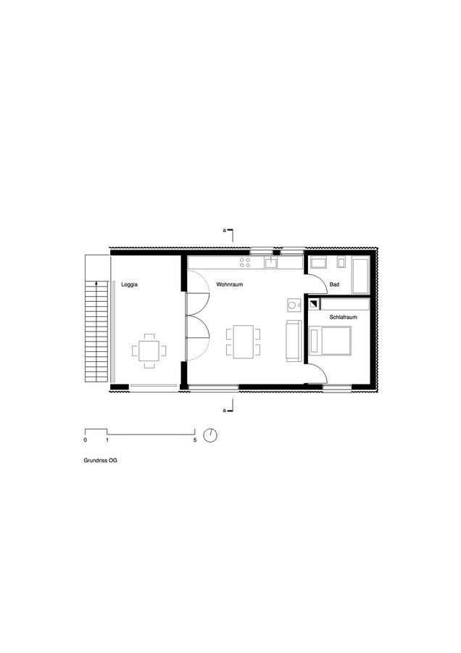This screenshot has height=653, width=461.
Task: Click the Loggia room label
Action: (x=129, y=285)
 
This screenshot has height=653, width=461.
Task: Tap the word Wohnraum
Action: (x=229, y=284)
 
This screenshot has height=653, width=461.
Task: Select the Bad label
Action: (x=334, y=284)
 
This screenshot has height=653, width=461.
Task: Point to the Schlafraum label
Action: (x=344, y=317)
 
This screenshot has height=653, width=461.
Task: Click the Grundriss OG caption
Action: (x=100, y=460)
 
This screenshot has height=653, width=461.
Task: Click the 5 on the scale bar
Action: (x=195, y=440)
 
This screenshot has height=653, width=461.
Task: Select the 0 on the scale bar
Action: (x=86, y=440)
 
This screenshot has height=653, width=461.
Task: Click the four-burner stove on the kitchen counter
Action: (x=245, y=263)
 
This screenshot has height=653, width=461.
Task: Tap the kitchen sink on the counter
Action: (x=271, y=263)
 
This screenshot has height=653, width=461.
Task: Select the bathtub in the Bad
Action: (x=360, y=275)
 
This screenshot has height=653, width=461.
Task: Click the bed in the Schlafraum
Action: (x=331, y=341)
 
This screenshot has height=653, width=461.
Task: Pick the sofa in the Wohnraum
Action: (x=294, y=341)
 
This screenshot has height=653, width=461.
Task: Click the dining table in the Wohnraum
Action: (x=244, y=342)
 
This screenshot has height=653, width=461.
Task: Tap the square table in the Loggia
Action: (x=149, y=350)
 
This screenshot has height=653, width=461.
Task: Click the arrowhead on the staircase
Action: (x=96, y=283)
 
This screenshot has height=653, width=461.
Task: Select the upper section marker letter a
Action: (x=224, y=229)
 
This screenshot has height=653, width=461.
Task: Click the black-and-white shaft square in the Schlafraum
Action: (x=314, y=304)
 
